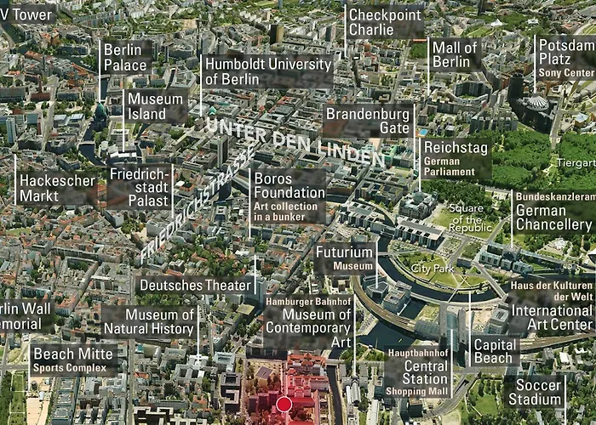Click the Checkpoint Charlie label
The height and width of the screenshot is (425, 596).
point(385,22)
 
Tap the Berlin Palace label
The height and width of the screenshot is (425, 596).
point(125,56)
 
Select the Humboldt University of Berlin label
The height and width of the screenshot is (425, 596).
point(267,71)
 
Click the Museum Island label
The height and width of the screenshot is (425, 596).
point(155,106)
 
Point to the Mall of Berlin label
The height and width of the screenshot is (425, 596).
point(455,54)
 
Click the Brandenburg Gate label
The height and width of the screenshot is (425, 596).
point(367,120)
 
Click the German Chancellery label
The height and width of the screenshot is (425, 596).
point(553,212)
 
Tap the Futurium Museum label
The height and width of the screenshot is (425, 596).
point(344,258)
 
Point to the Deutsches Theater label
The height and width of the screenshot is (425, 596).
point(194,286)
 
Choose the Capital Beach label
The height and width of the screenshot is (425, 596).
point(494,351)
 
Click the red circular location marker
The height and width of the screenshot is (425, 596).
point(284,404)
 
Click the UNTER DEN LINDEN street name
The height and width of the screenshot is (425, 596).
point(294,140)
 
